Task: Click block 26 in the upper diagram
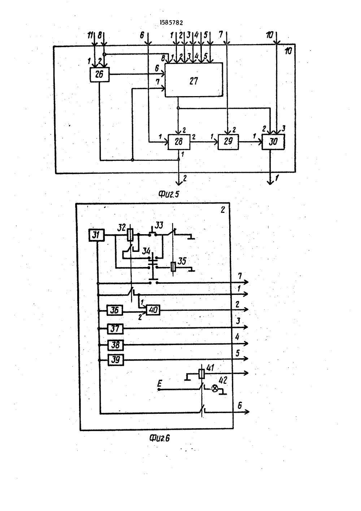(x=100, y=74)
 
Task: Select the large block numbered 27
(x=194, y=80)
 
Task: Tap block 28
(x=179, y=142)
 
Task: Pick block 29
(x=228, y=142)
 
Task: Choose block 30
(x=273, y=142)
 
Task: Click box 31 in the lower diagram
(x=96, y=235)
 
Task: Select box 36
(x=115, y=310)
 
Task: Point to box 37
(x=115, y=329)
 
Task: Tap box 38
(x=116, y=345)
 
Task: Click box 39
(x=116, y=360)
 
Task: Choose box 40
(x=153, y=310)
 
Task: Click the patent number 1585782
(x=171, y=22)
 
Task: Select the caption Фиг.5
(x=169, y=194)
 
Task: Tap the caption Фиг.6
(x=160, y=438)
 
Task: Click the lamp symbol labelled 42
(x=214, y=388)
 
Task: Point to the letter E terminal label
(x=159, y=383)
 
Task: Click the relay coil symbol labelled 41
(x=202, y=374)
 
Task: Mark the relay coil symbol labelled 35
(x=173, y=267)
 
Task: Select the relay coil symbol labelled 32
(x=130, y=235)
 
